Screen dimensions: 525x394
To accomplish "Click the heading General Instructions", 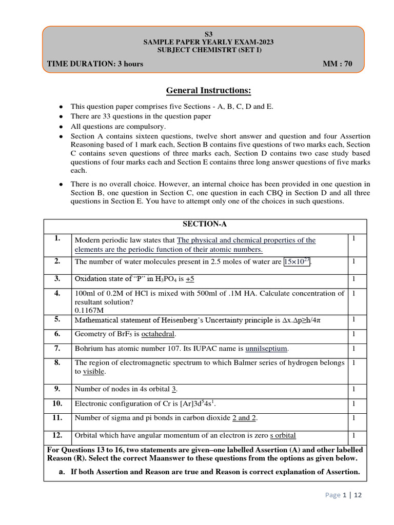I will [x=208, y=91].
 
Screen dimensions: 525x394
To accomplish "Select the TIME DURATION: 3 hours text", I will [x=95, y=64].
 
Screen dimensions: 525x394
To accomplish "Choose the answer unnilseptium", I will [x=267, y=349].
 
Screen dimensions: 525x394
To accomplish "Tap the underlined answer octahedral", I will [x=158, y=334].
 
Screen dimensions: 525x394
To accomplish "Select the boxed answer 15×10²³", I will [x=297, y=261].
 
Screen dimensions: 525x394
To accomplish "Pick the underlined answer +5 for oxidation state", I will [x=191, y=279].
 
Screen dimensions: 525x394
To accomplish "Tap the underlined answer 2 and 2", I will [x=244, y=418].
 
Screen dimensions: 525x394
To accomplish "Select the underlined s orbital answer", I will [x=283, y=435].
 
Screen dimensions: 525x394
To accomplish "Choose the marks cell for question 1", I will [x=353, y=239].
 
